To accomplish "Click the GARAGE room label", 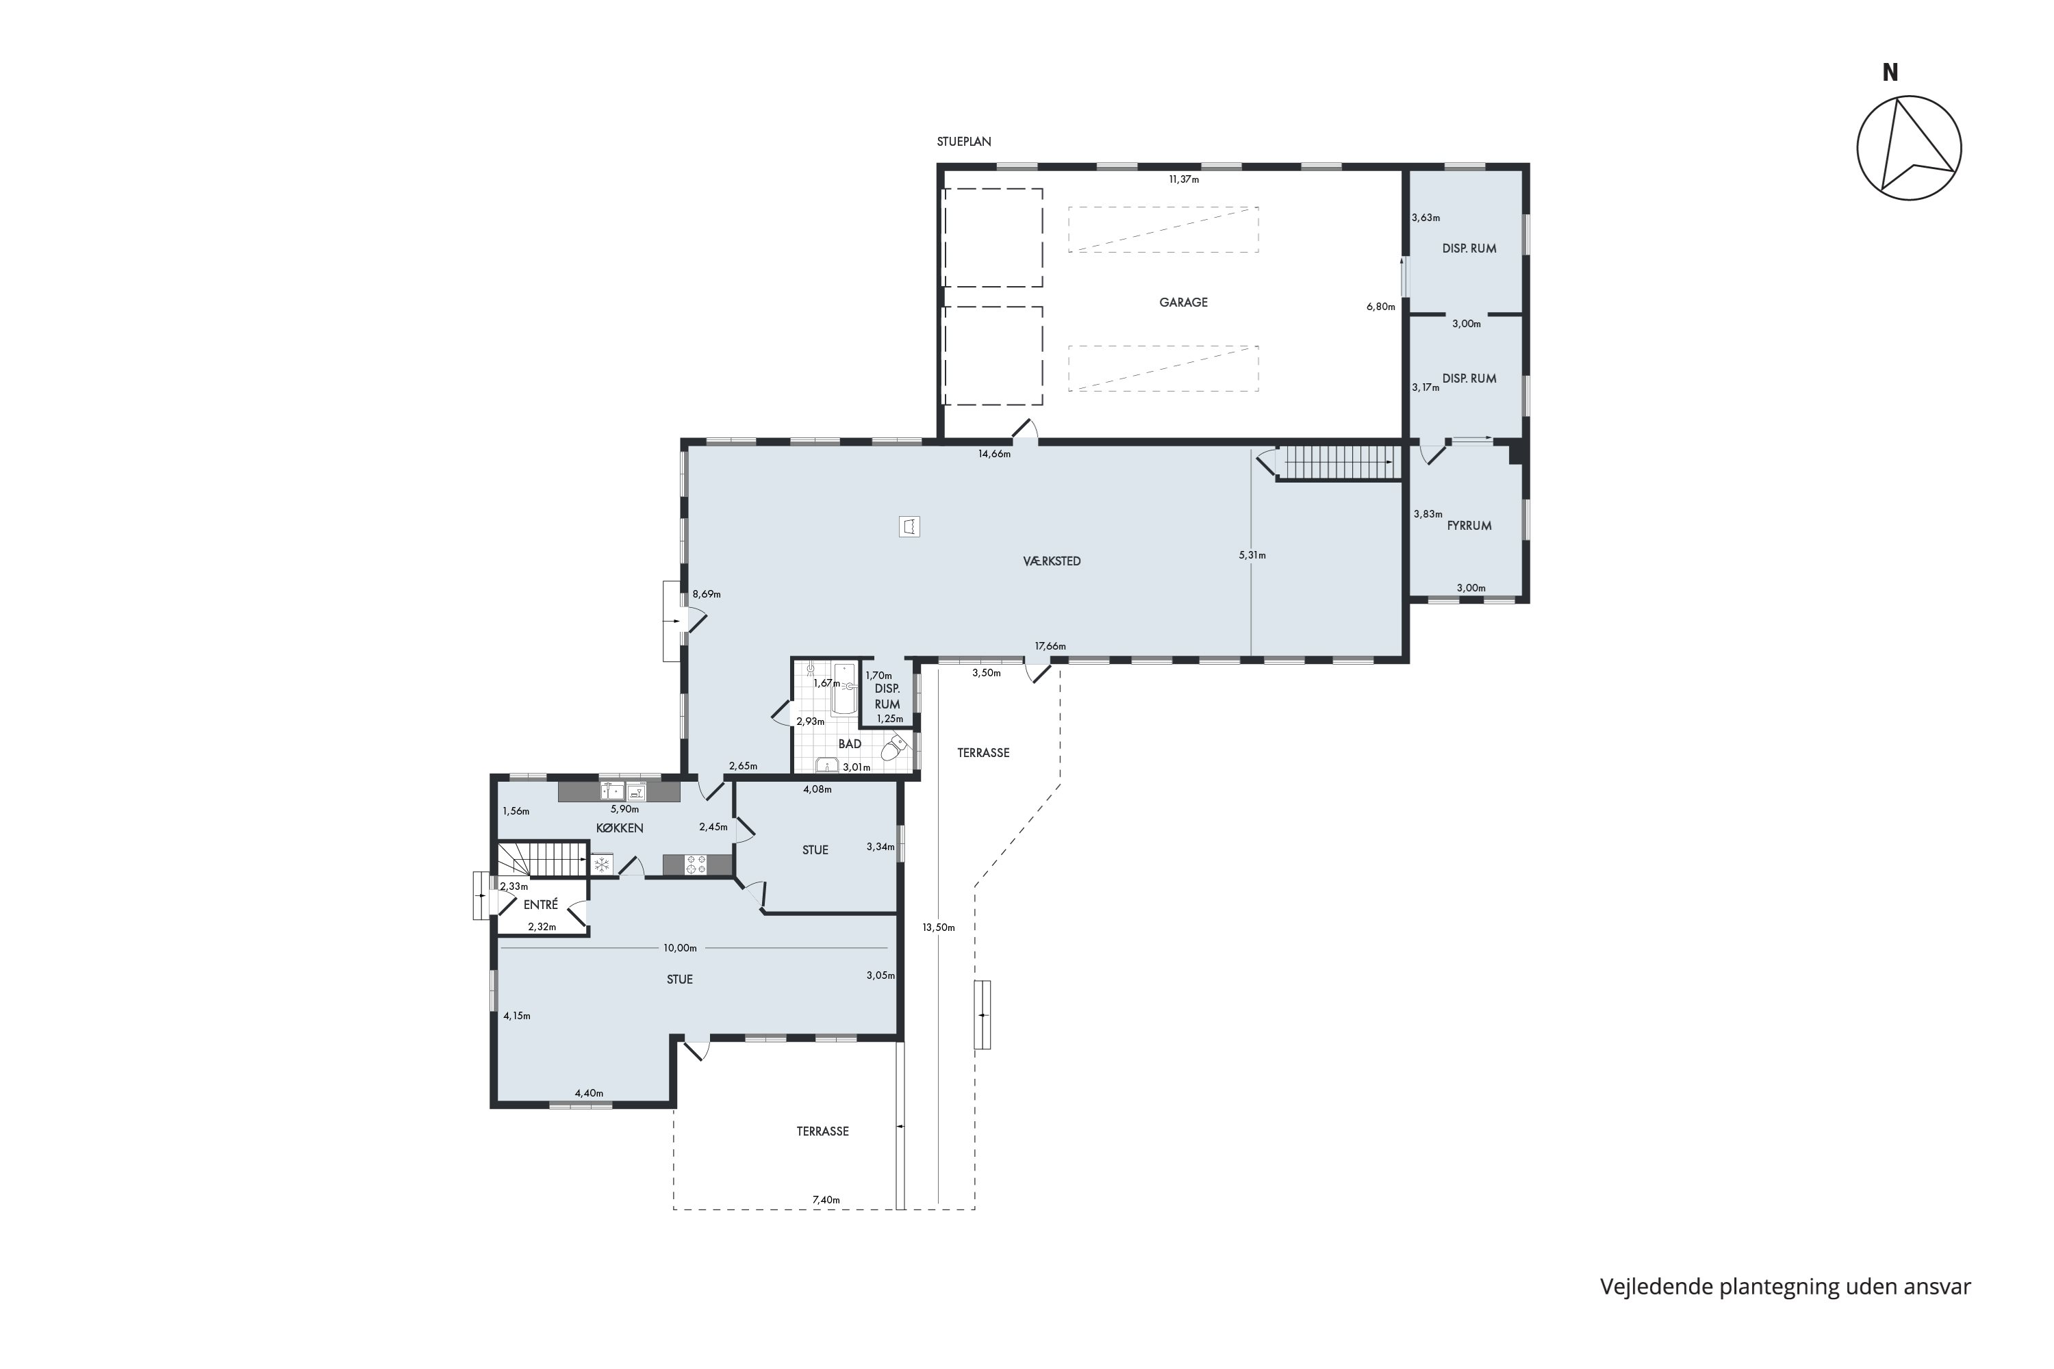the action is (1183, 302).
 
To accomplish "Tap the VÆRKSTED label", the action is (1052, 561).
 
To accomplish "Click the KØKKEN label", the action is (620, 828).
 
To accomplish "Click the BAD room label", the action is (850, 744).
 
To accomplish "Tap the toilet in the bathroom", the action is (894, 748).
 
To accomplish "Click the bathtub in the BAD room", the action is (844, 689).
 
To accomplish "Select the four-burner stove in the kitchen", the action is (696, 865).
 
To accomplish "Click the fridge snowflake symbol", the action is (601, 865).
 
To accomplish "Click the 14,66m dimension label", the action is (994, 454).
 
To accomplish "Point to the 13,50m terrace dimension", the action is (939, 927).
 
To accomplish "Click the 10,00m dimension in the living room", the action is (681, 947).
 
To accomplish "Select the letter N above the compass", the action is (1890, 73).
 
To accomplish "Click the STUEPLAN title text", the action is (964, 142).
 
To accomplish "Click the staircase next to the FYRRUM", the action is (1336, 462).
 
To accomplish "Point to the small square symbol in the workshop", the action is (909, 526).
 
